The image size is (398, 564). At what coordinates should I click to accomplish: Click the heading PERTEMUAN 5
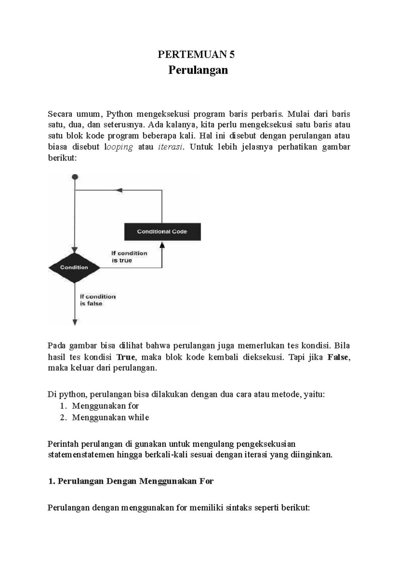coord(196,54)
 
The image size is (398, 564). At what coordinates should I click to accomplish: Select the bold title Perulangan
coord(198,70)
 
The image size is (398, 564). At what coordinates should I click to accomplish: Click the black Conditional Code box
coord(162,232)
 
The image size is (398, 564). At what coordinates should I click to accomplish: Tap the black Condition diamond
coord(74,267)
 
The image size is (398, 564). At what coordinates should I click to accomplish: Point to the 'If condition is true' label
coord(129,257)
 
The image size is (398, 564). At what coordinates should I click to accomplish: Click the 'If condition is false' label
coord(98,300)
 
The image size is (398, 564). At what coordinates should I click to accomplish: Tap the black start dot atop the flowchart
coord(75,177)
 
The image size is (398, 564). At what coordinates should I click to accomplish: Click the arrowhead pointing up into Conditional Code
coord(162,245)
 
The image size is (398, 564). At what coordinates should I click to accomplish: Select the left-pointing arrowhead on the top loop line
coord(119,190)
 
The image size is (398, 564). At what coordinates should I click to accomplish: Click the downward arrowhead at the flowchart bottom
coord(75,322)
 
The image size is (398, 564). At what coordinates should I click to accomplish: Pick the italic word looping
coord(118,147)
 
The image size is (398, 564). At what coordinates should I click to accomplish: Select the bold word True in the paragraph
coord(126,357)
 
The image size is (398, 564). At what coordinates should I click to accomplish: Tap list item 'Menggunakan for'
coord(105,406)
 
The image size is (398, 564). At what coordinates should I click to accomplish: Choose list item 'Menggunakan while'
coord(110,417)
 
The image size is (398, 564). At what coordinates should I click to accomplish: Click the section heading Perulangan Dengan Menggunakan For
coord(131,481)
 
